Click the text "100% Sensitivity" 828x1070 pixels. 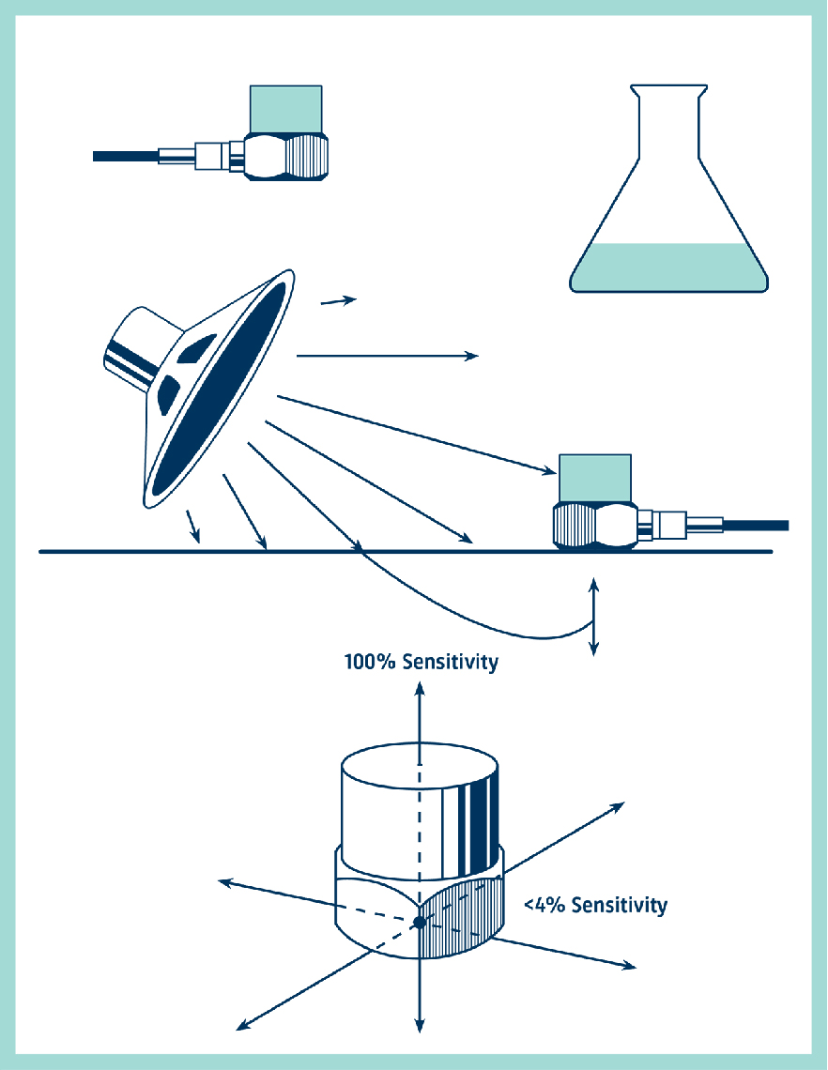[421, 663]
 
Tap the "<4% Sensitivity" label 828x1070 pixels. [595, 906]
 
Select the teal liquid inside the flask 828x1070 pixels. [668, 267]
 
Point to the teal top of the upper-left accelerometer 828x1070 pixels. [285, 108]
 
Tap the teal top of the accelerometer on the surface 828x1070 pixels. [595, 478]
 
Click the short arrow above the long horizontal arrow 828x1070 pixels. [339, 300]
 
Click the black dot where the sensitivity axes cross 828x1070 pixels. [420, 923]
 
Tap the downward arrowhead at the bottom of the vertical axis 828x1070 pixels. [420, 1026]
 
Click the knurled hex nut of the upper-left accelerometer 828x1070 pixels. [286, 156]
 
